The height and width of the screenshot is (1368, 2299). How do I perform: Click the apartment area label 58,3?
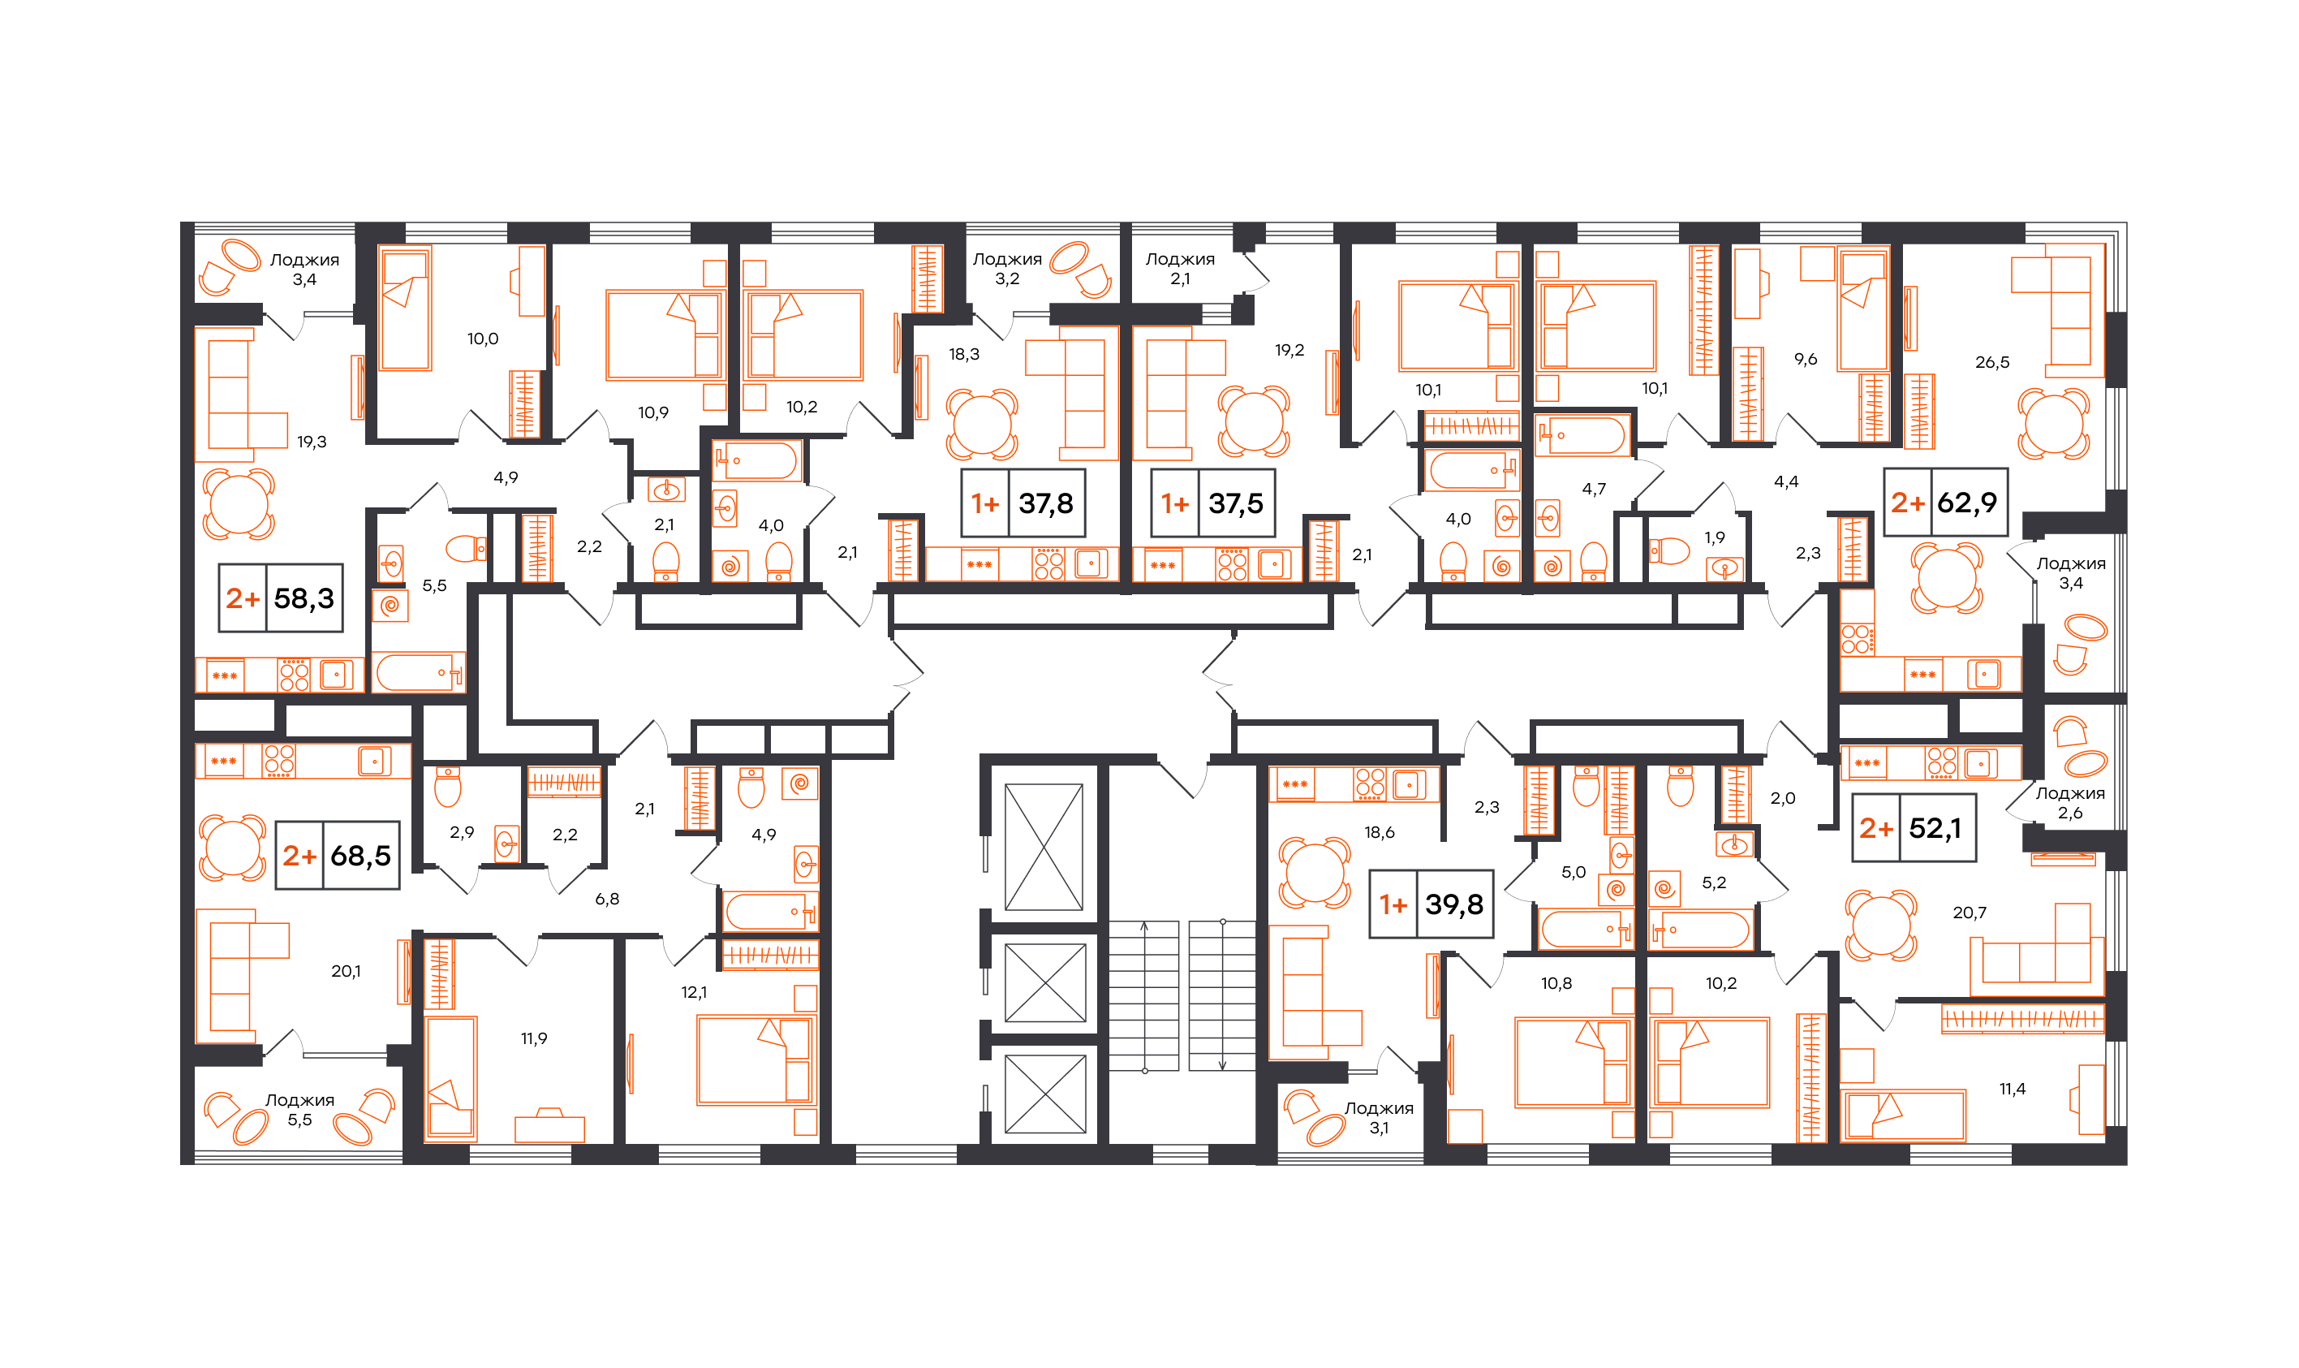click(304, 598)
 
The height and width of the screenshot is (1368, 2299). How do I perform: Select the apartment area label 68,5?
click(360, 856)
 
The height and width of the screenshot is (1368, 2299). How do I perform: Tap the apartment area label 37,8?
click(1046, 503)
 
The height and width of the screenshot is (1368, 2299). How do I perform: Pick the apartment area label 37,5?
click(1236, 503)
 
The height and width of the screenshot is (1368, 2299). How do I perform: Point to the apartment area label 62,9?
click(1966, 503)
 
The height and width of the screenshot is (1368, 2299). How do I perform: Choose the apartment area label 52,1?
click(1934, 828)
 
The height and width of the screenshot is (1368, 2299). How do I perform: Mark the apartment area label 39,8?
click(1454, 904)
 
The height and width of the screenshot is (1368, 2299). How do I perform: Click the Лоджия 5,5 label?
click(299, 1110)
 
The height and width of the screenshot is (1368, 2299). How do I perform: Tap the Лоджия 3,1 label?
click(1379, 1118)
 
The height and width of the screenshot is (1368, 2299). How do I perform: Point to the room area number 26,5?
click(1991, 362)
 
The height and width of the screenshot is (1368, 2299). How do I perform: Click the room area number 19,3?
click(312, 442)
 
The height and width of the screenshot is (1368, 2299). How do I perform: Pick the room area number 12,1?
click(694, 992)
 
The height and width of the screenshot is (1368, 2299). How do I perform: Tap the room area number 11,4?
click(2013, 1089)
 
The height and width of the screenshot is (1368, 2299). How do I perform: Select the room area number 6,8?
click(607, 899)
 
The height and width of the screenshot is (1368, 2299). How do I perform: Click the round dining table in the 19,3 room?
click(239, 503)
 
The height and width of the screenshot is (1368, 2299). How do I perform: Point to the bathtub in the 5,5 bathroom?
click(420, 672)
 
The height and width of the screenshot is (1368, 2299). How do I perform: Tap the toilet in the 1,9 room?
click(1669, 551)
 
